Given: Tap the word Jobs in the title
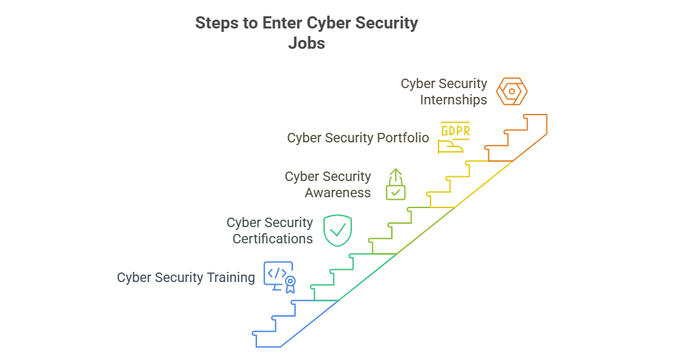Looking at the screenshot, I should [x=306, y=43].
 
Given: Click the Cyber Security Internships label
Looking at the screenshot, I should [x=444, y=92].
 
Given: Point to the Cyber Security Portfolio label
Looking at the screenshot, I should [x=358, y=138].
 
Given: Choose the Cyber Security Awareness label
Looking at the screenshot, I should [x=328, y=184].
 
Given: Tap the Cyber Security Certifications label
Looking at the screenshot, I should [x=270, y=231].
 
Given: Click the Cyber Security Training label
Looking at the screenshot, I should [x=186, y=277].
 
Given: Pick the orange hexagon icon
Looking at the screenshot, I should [x=511, y=92].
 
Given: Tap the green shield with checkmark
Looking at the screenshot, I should [x=337, y=231].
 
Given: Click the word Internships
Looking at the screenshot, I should [x=454, y=100].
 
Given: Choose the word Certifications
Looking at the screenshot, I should [x=273, y=239].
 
